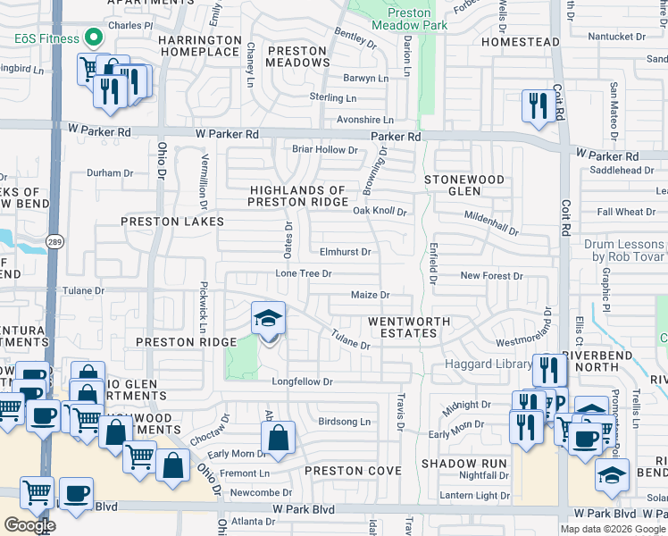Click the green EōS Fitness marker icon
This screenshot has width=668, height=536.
(92, 38)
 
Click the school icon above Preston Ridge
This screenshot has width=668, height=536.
(268, 320)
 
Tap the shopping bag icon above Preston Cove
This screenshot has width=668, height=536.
(278, 439)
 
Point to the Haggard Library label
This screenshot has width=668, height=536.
(483, 367)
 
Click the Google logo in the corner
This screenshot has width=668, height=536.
(29, 525)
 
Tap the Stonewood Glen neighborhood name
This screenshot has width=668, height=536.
(463, 185)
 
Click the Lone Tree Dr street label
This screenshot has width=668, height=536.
(304, 273)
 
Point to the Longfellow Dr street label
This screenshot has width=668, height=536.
(303, 381)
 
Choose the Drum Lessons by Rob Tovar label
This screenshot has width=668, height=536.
(625, 250)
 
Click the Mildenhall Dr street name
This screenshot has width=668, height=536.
(491, 223)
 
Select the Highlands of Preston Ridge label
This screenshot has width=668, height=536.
(297, 196)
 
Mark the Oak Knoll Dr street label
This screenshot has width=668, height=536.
(380, 212)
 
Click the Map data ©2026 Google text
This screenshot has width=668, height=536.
(614, 529)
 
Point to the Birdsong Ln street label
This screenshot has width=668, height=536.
(344, 422)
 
